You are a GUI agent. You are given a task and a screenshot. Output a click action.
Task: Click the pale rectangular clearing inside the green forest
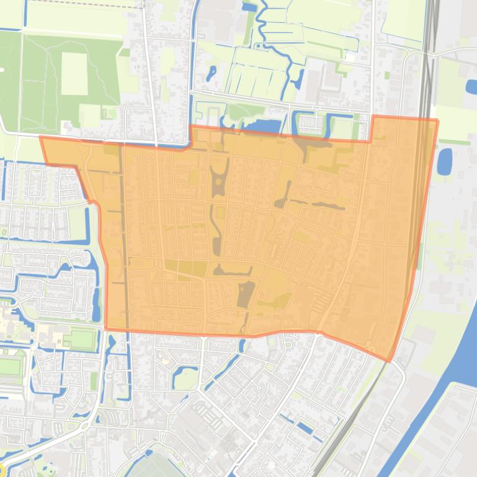coord(74,74)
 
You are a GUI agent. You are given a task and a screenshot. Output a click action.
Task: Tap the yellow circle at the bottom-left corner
coord(2,471)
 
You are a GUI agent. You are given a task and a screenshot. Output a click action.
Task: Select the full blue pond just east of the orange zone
coord(445,161)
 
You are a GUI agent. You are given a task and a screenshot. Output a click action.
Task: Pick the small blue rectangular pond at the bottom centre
coord(304,427)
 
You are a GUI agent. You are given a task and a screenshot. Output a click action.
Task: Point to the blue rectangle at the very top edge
coord(249,7)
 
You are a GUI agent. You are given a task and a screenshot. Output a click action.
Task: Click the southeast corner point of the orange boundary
coord(390,360)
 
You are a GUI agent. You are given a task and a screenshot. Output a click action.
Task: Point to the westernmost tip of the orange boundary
coord(41,138)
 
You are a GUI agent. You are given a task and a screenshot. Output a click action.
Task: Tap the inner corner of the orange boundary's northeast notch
coord(372,141)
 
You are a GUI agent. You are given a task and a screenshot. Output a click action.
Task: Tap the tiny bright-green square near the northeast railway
coord(387,76)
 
